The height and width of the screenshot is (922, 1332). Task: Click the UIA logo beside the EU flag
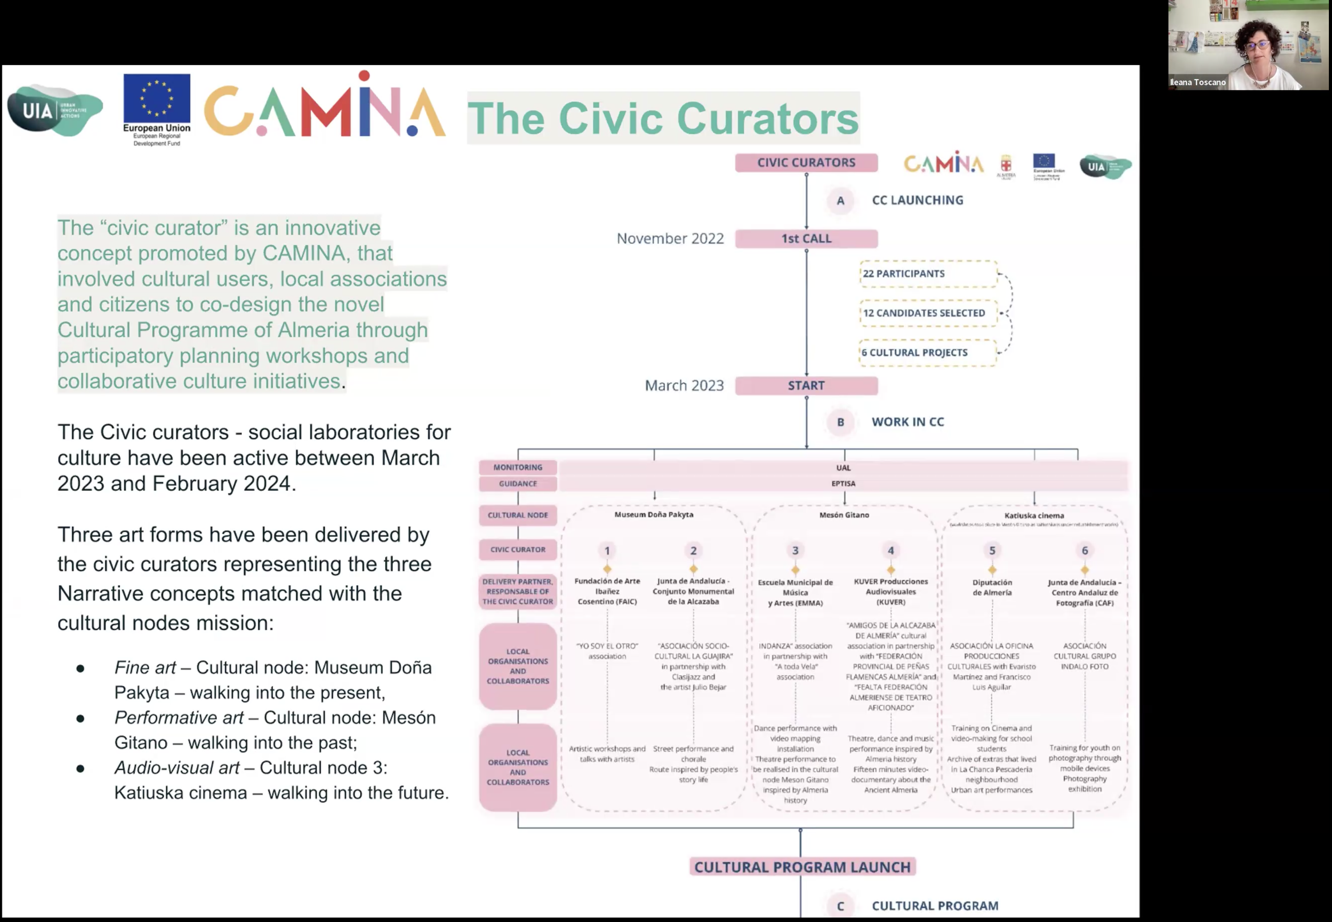pyautogui.click(x=55, y=110)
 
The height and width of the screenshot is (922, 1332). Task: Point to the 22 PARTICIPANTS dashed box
pyautogui.click(x=927, y=274)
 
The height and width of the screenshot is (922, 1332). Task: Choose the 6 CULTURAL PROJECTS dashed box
pyautogui.click(x=927, y=352)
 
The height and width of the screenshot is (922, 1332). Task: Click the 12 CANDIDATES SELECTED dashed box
pyautogui.click(x=927, y=313)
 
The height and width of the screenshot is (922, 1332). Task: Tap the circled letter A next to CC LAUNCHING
pyautogui.click(x=841, y=201)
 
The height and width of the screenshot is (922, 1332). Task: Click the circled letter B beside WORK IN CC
pyautogui.click(x=841, y=422)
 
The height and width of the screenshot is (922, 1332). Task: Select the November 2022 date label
pyautogui.click(x=670, y=239)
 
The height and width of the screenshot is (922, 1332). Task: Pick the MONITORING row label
pyautogui.click(x=518, y=467)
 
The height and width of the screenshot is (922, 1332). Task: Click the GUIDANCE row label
pyautogui.click(x=518, y=484)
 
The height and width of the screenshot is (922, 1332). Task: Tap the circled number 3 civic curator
pyautogui.click(x=795, y=550)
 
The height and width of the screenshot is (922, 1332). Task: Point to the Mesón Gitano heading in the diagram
pyautogui.click(x=844, y=515)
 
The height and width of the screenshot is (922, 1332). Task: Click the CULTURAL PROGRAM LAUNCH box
pyautogui.click(x=802, y=867)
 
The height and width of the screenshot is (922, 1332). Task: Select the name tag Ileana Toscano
pyautogui.click(x=1197, y=82)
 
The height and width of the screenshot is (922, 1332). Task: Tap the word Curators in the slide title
pyautogui.click(x=767, y=118)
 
